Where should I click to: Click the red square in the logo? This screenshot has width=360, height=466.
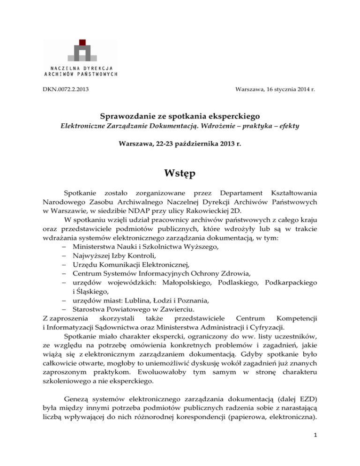pos(82,43)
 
